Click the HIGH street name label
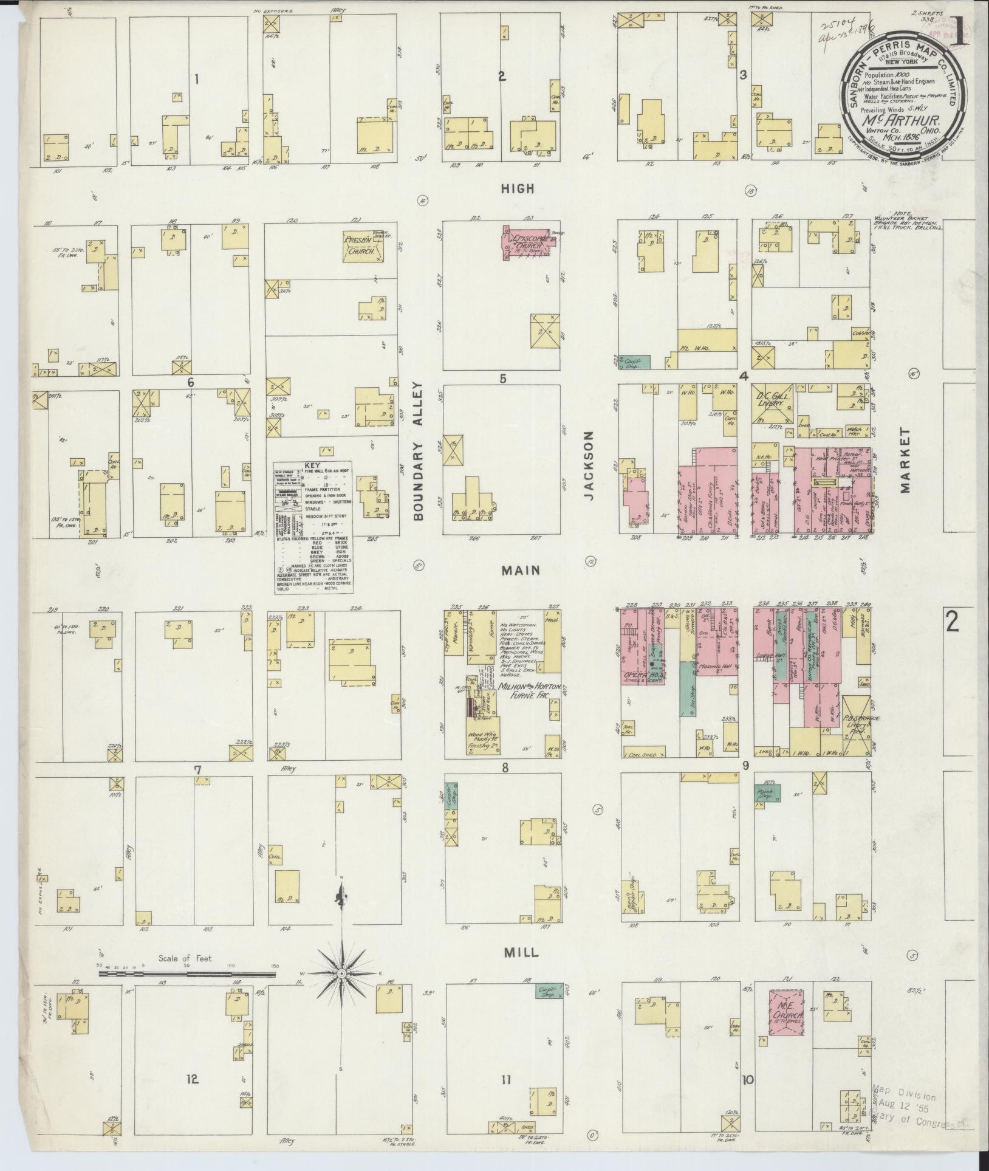click(x=517, y=188)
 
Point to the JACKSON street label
click(x=589, y=475)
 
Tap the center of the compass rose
click(x=341, y=974)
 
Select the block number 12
click(x=192, y=1079)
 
